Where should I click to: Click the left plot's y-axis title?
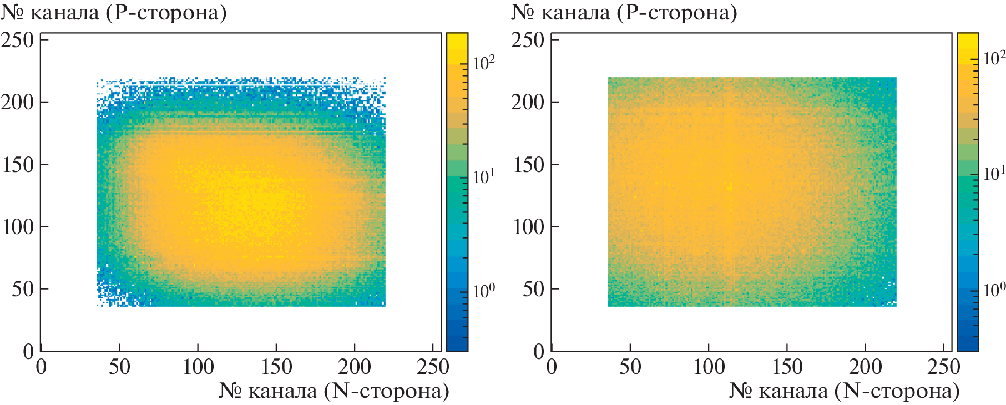(114, 12)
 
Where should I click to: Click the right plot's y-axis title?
(624, 12)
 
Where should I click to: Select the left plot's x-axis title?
(334, 391)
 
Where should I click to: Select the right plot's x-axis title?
(845, 391)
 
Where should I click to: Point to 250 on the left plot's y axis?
(17, 40)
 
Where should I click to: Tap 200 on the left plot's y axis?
(17, 102)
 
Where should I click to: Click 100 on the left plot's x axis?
(198, 367)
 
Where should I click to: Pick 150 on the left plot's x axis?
(276, 367)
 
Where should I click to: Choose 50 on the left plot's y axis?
(23, 289)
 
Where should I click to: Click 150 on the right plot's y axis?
(528, 165)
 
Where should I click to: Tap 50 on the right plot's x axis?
(630, 367)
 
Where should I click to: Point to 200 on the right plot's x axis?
(865, 367)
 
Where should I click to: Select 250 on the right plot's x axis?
(943, 367)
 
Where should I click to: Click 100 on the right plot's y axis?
(528, 227)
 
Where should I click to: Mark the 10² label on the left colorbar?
(484, 63)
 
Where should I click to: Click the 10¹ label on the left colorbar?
(484, 177)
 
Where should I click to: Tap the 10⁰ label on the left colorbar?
(484, 291)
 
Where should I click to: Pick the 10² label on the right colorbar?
(994, 58)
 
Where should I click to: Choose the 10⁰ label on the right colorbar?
(994, 290)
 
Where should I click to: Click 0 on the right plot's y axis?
(538, 351)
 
